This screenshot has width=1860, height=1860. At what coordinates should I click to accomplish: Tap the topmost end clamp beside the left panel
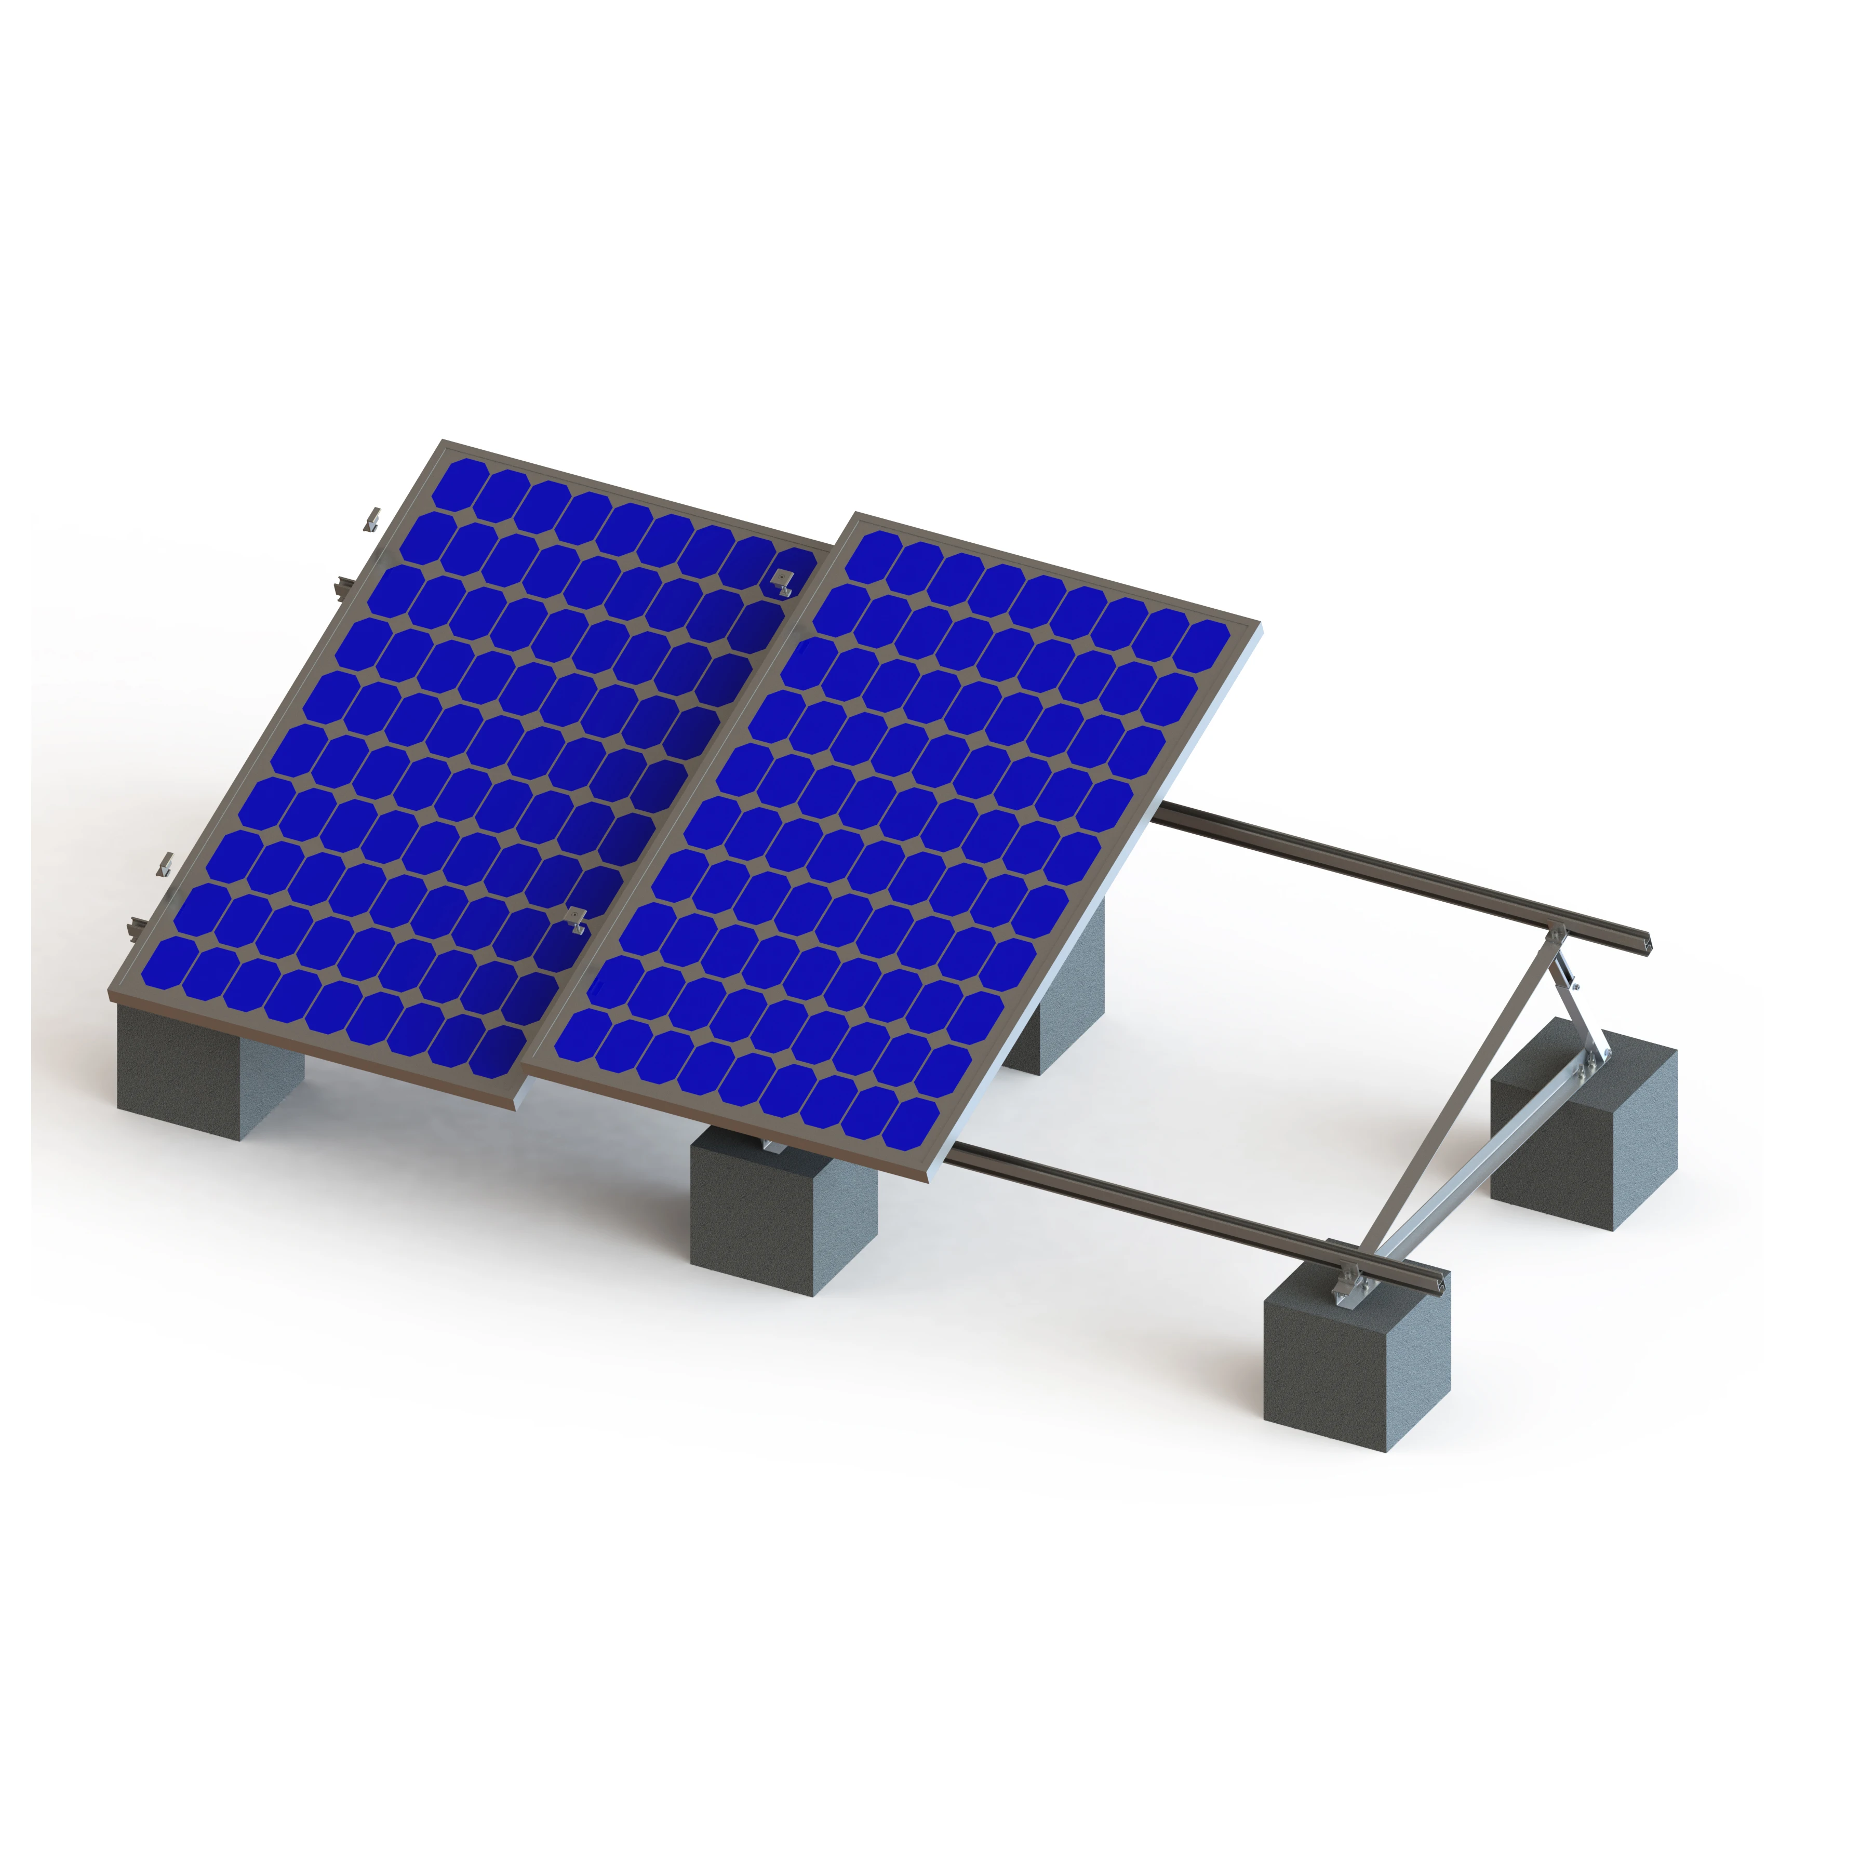371,520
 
